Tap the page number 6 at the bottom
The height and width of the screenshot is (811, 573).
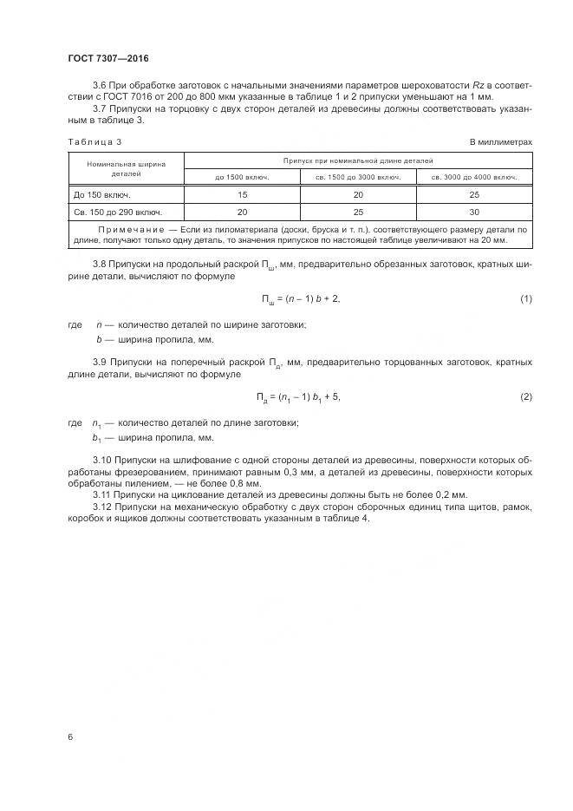(x=70, y=736)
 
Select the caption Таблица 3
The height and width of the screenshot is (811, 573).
(x=94, y=141)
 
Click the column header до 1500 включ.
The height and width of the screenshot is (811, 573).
(x=242, y=177)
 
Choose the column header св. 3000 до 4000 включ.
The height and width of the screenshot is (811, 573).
(x=474, y=177)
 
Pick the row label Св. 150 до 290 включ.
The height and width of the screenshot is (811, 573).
(x=117, y=212)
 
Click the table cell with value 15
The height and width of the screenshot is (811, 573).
(x=242, y=194)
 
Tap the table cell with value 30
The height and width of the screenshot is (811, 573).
(x=474, y=212)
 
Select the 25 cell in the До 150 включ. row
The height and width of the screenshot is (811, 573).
(x=474, y=194)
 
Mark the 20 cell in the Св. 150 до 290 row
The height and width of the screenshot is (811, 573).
(x=242, y=212)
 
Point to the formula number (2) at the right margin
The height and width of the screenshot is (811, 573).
(x=525, y=397)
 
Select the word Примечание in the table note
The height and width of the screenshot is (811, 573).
(x=128, y=229)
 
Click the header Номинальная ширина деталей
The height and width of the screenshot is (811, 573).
(x=126, y=167)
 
